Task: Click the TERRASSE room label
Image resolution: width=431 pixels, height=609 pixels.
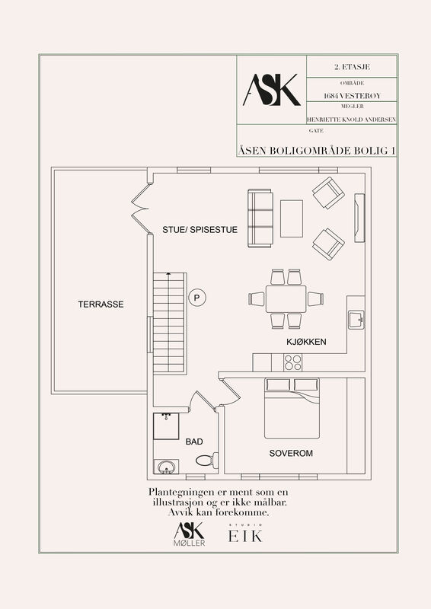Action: (101, 304)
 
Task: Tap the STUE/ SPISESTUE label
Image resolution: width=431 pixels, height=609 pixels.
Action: (200, 230)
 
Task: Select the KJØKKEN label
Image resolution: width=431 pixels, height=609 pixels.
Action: (306, 342)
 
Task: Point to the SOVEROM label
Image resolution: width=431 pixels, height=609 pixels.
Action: (291, 453)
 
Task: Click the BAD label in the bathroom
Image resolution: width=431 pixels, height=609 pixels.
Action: (194, 442)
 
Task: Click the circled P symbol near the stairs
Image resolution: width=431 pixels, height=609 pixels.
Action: (197, 298)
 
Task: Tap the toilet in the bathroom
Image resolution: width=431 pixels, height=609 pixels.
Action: (207, 461)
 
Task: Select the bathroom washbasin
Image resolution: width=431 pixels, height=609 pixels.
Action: (166, 467)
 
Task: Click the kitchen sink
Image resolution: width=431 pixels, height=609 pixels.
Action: (356, 320)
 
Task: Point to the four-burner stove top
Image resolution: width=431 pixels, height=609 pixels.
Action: (292, 363)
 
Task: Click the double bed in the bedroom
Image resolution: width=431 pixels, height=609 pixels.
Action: (292, 408)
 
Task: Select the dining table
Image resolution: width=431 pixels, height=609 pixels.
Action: (286, 298)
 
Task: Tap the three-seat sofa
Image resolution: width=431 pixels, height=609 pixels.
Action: (260, 218)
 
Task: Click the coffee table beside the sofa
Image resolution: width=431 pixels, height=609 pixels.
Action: (292, 218)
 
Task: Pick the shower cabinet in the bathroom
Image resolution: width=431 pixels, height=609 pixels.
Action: (166, 426)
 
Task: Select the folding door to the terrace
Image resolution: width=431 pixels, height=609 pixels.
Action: (140, 208)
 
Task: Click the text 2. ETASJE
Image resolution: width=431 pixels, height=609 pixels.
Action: (352, 67)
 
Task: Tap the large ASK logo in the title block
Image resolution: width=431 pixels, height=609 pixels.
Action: (272, 90)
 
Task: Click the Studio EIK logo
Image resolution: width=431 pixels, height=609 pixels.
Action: (245, 534)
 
